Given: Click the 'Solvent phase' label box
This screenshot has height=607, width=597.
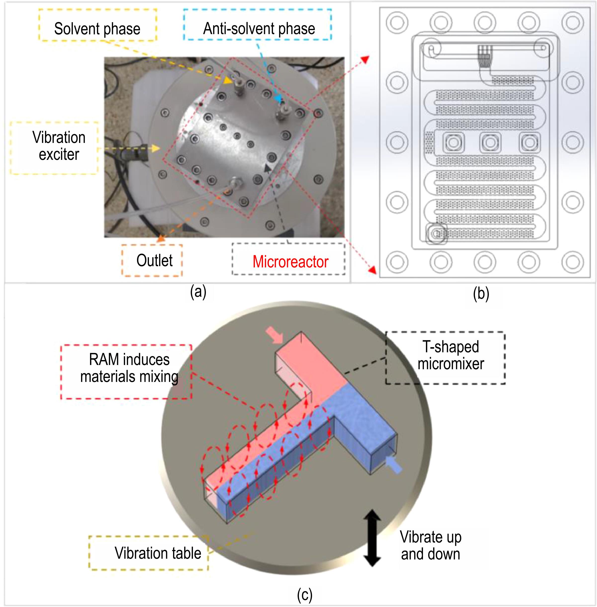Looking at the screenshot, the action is click(x=97, y=25).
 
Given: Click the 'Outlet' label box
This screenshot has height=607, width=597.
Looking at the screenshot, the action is click(x=152, y=260).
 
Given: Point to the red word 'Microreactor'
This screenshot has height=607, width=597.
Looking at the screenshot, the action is click(x=290, y=262).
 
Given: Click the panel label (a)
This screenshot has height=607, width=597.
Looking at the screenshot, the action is click(x=198, y=292).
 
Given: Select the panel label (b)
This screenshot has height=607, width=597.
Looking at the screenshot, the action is click(x=481, y=294).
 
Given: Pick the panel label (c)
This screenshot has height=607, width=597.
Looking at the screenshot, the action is click(x=305, y=595).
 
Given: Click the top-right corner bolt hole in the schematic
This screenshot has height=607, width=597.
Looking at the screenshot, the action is click(x=573, y=23).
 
